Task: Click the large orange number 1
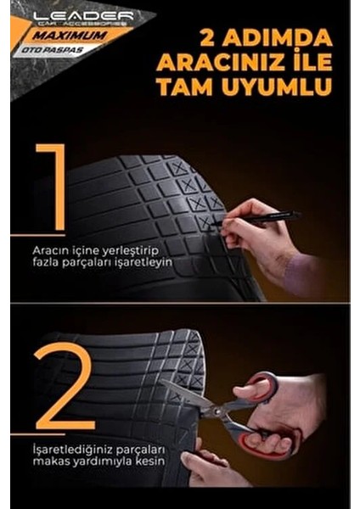50,186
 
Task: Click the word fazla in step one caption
47,263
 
